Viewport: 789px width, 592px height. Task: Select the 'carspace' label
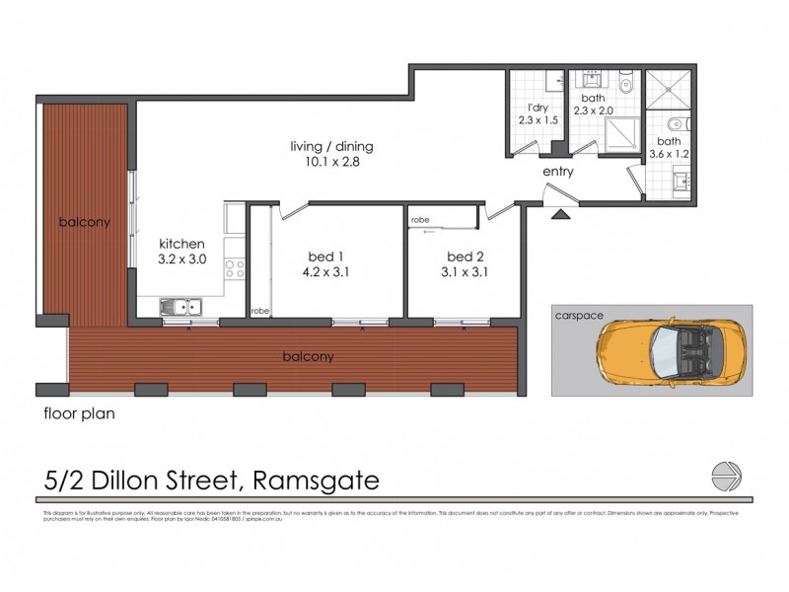tap(579, 317)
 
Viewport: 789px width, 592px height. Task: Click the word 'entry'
tap(557, 172)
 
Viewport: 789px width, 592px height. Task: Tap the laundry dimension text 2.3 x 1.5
tap(538, 120)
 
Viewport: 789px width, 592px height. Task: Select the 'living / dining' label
tap(331, 147)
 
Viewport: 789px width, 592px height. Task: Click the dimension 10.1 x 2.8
tap(331, 163)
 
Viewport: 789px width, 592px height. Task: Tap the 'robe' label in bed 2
tap(420, 219)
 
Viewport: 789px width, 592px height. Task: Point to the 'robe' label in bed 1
tap(259, 310)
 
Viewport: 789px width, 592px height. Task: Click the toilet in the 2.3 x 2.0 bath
tap(625, 84)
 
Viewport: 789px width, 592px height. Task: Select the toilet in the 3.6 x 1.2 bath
tap(673, 124)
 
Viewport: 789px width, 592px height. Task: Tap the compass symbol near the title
tap(726, 477)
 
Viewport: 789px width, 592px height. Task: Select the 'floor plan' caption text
tap(79, 414)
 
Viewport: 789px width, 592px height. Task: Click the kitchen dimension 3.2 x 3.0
tap(182, 260)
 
